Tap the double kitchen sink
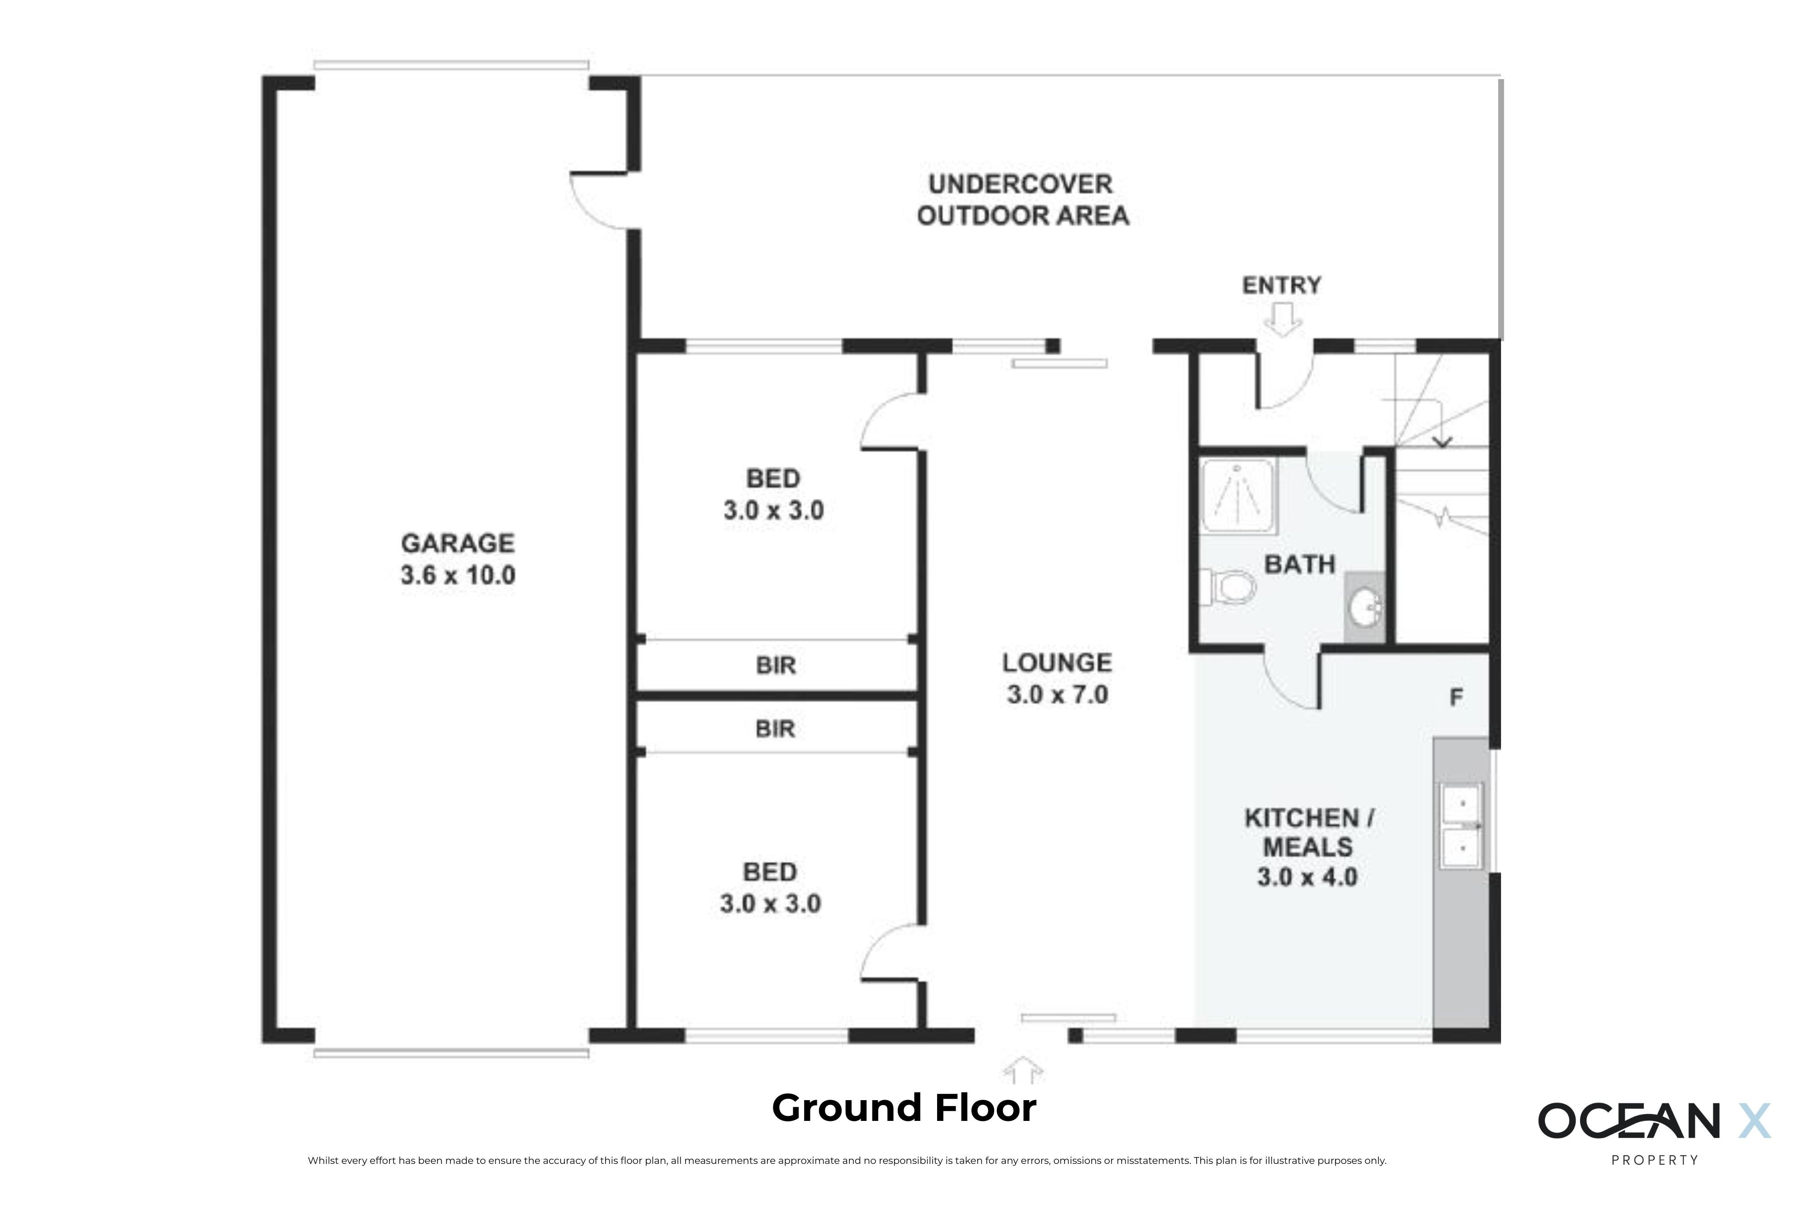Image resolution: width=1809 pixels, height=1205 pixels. click(x=1461, y=826)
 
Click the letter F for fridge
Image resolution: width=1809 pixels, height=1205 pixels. click(x=1455, y=698)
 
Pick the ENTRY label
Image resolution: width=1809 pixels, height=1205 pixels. click(x=1282, y=285)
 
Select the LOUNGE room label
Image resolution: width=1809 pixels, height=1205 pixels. click(x=1056, y=662)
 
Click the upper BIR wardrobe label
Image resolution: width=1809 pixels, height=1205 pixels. click(x=776, y=666)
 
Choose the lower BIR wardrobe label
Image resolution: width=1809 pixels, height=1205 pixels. click(x=775, y=728)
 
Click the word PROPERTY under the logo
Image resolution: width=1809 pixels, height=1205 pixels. click(x=1654, y=1160)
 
